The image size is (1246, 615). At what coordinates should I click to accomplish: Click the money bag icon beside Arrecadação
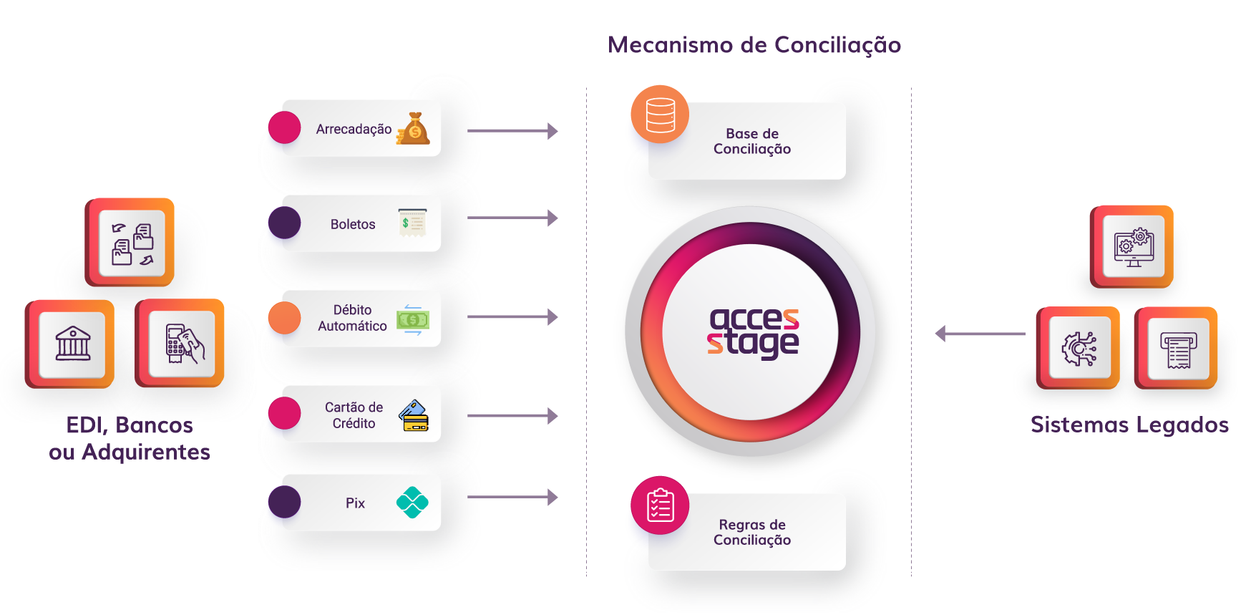pos(414,129)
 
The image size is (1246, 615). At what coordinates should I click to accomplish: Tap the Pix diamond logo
pos(412,502)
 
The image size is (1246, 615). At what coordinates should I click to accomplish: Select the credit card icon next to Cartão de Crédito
pos(414,415)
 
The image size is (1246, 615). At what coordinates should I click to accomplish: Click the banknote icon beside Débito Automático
pos(413,319)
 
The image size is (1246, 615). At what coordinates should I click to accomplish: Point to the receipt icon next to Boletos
pos(412,223)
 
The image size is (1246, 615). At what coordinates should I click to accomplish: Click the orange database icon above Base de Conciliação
pos(660,115)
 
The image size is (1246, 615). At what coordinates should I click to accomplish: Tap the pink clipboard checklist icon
pos(660,505)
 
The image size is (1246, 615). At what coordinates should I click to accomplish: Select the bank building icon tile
pos(72,344)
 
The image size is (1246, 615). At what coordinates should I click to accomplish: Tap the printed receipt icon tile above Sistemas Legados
pos(1178,349)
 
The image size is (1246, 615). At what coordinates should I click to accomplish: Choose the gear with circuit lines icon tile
pos(1079,349)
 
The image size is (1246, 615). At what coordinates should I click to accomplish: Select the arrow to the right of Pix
pos(512,497)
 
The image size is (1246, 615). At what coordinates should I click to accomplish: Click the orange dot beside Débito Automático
pos(284,319)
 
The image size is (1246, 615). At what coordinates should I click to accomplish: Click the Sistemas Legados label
pos(1129,425)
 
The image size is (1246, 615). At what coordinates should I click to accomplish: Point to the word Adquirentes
pos(146,452)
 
